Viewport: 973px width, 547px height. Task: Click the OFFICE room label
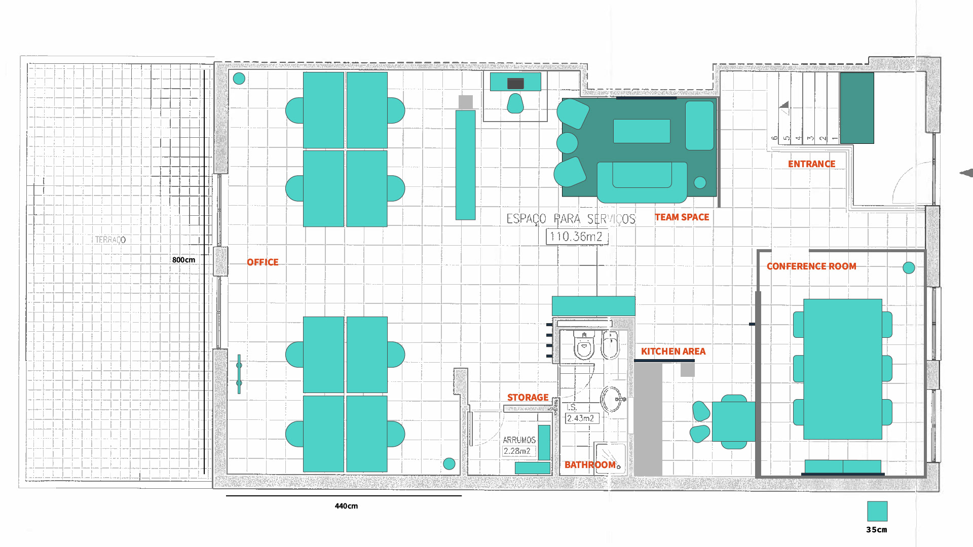(263, 262)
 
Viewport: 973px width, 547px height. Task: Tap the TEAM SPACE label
(682, 217)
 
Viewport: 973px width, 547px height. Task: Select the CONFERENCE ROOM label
(811, 266)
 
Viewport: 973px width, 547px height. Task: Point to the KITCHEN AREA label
(673, 351)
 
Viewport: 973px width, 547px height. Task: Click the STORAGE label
(528, 398)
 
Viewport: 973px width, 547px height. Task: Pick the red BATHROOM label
(590, 465)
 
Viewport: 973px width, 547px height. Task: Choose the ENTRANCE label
(811, 164)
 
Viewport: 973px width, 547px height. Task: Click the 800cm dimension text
(183, 260)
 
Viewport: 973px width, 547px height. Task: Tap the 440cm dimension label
(346, 506)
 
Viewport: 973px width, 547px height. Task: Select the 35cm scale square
(877, 511)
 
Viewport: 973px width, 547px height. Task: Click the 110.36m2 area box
(577, 237)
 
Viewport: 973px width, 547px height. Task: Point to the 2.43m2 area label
(581, 418)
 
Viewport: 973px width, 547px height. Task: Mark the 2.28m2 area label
(518, 451)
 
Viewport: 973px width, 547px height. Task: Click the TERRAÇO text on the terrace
(110, 240)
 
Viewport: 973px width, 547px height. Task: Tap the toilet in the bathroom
(584, 345)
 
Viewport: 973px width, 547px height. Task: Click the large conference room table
(843, 369)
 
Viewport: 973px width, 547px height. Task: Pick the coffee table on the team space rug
(642, 131)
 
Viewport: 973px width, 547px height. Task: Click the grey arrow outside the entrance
(966, 173)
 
